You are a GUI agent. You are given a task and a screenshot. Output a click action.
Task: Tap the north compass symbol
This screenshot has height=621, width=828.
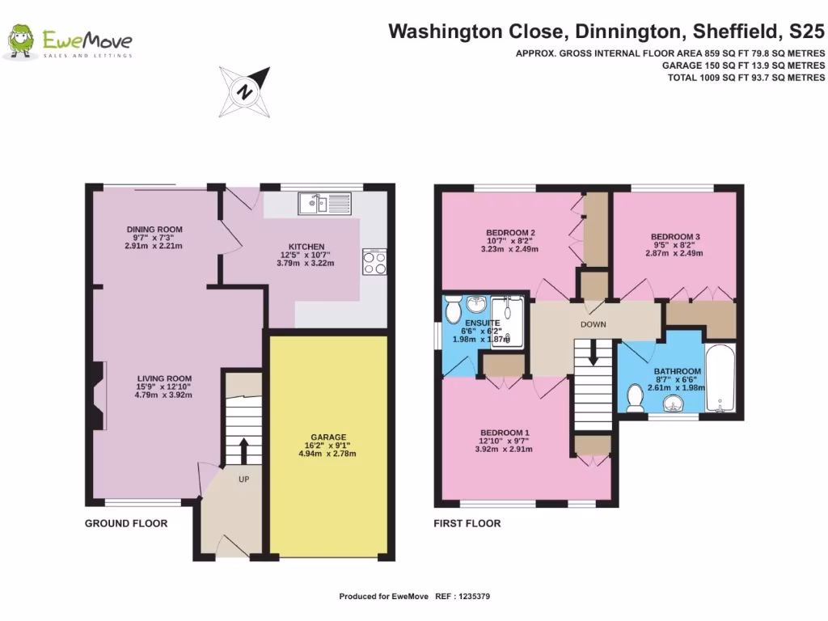243,91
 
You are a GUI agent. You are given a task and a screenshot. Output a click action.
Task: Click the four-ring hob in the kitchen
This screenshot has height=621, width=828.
374,262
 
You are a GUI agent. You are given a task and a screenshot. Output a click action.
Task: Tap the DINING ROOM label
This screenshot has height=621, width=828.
153,229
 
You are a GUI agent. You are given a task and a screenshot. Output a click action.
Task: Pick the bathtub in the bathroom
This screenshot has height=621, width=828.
720,378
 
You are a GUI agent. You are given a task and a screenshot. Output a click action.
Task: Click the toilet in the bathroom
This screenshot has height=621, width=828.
636,396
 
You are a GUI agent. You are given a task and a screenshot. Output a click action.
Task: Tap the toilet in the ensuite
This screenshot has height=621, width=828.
452,307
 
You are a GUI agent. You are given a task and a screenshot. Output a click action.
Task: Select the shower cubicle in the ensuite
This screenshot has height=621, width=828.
508,321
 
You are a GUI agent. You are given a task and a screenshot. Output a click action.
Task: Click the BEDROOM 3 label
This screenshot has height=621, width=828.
675,237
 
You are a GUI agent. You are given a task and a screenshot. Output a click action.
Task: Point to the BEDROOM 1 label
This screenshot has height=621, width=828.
505,431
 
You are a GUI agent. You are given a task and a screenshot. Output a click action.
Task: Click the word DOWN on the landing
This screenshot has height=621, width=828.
593,324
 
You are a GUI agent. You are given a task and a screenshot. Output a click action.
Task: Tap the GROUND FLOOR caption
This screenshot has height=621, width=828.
126,523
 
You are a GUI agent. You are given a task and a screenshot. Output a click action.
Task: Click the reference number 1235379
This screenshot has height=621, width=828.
473,597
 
